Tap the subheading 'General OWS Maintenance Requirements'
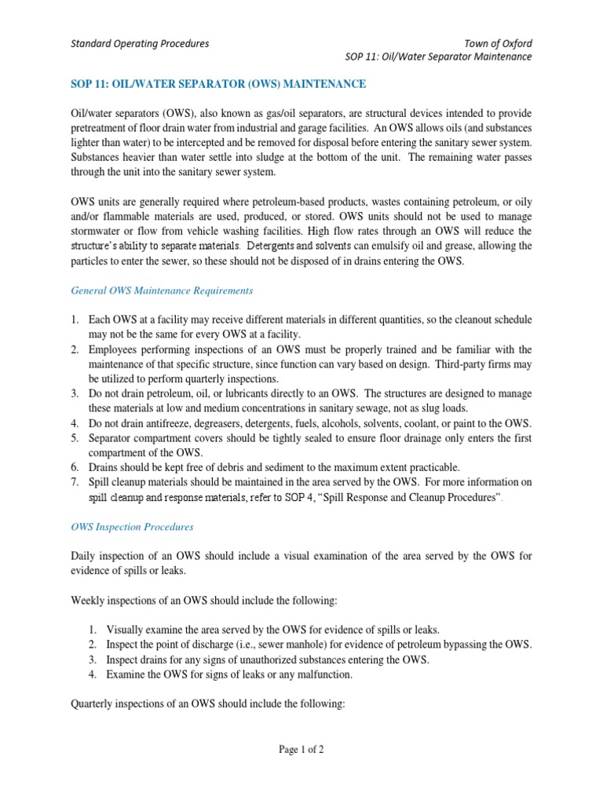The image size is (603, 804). click(162, 290)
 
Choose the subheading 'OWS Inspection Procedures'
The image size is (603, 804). click(132, 527)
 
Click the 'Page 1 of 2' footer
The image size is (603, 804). click(301, 749)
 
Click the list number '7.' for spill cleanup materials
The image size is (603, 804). click(75, 482)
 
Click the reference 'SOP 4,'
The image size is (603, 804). click(311, 497)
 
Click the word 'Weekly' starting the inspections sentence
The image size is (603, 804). click(89, 601)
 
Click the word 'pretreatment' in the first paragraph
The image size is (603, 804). click(101, 127)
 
